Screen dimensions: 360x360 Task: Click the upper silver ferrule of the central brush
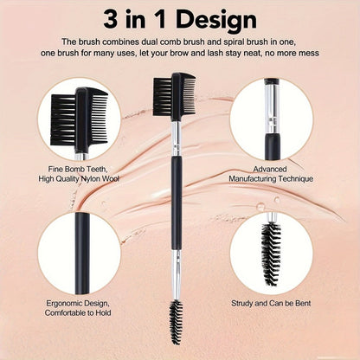[175, 138]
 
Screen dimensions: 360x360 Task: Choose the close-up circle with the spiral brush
[275, 253]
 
